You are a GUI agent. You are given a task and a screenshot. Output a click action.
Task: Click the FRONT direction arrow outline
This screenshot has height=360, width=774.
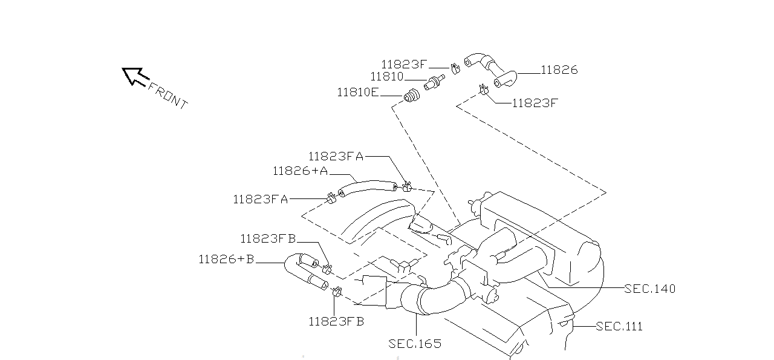click(135, 76)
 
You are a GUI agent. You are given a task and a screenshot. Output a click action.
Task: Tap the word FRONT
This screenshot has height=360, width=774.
click(167, 96)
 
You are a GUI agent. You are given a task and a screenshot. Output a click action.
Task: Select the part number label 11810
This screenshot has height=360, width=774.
click(386, 77)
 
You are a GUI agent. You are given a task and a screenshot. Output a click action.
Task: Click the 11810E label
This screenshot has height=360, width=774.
click(357, 93)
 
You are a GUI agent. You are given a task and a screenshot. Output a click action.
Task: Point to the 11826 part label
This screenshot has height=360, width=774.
click(559, 70)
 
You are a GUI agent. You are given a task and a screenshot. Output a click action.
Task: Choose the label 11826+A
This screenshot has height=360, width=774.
click(300, 171)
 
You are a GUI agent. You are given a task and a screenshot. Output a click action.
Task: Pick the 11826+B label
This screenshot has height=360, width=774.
click(226, 260)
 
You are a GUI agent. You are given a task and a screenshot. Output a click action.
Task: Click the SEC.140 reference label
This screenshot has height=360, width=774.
click(649, 289)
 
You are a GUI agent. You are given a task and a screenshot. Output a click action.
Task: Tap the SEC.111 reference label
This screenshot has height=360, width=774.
click(619, 327)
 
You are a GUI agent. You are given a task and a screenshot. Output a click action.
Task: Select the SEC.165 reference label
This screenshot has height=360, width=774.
click(415, 344)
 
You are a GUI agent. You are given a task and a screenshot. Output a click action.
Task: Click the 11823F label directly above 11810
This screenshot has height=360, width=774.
click(405, 64)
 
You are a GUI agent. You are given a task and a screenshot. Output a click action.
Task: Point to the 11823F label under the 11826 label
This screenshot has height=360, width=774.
click(535, 103)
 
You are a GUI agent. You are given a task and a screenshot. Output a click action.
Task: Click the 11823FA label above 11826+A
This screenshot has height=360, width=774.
click(336, 156)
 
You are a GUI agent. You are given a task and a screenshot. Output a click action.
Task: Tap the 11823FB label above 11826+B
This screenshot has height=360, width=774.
click(268, 239)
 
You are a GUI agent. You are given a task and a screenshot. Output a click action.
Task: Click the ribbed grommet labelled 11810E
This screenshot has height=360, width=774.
click(412, 96)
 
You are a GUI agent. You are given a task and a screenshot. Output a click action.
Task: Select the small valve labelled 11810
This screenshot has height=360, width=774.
click(434, 82)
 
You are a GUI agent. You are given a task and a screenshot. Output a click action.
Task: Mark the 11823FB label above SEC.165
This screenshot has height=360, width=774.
click(336, 322)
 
